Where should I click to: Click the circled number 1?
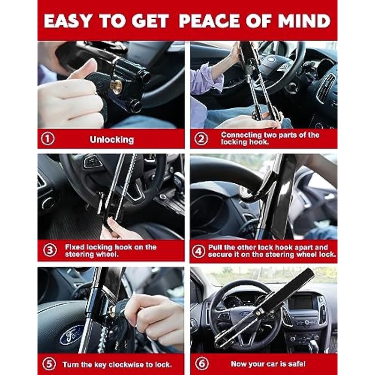click(x=48, y=139)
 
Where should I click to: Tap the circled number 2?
click(x=201, y=139)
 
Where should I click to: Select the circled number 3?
click(x=50, y=250)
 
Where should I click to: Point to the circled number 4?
click(x=198, y=251)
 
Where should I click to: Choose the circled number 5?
click(x=49, y=364)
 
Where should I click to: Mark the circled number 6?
click(x=202, y=364)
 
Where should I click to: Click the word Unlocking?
click(x=112, y=140)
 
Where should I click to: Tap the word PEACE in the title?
click(x=210, y=21)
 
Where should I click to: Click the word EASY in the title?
click(x=67, y=21)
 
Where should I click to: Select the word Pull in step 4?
click(x=214, y=247)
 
